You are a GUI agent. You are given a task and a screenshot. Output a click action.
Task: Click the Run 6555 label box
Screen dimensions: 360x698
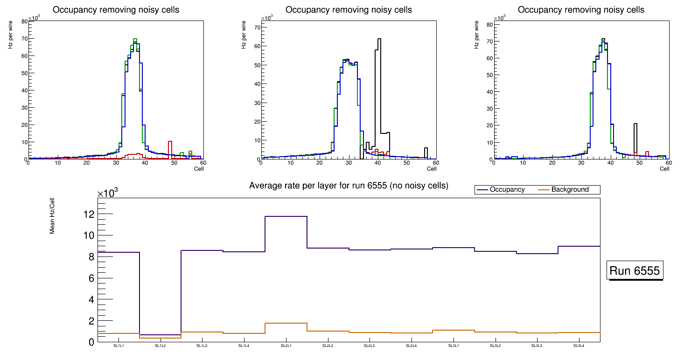(635, 271)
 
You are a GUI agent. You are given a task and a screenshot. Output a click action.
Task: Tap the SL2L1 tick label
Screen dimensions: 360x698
(286, 346)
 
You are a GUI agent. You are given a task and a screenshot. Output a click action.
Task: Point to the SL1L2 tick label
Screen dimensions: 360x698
(160, 346)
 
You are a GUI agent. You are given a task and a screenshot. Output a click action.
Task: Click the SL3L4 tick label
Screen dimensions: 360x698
(579, 346)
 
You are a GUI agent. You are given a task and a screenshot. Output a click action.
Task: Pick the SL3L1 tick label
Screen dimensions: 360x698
(454, 346)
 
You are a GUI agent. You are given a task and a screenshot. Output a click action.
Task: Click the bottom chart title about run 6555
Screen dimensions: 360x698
(349, 186)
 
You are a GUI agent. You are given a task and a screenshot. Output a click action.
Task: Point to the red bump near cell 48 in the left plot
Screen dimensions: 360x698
(170, 149)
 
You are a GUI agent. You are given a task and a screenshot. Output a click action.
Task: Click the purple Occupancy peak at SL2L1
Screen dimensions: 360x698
(286, 216)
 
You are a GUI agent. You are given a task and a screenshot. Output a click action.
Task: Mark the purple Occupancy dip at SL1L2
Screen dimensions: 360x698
(160, 335)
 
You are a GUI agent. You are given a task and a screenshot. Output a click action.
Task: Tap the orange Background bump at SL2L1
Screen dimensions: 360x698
(286, 323)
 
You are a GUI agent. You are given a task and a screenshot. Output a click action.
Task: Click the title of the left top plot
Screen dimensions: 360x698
(116, 10)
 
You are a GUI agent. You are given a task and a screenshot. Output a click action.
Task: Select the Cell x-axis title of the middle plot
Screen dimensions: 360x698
(432, 169)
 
